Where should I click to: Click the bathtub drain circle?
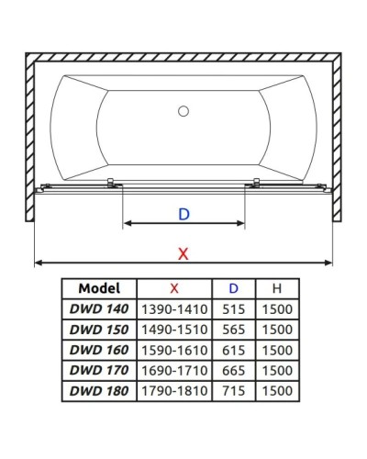click(x=183, y=112)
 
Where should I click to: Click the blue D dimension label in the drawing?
click(x=183, y=214)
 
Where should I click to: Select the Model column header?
click(x=99, y=288)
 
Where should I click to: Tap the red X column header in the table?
click(x=174, y=288)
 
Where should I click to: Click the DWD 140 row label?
click(x=99, y=309)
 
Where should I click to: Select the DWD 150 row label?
click(x=99, y=330)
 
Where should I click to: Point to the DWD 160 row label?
click(x=99, y=350)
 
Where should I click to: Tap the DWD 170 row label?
click(x=99, y=370)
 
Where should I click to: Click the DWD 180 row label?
click(x=99, y=391)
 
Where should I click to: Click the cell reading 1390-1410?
click(x=174, y=309)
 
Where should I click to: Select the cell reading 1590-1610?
click(x=174, y=350)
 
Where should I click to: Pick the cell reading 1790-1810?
click(x=174, y=391)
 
